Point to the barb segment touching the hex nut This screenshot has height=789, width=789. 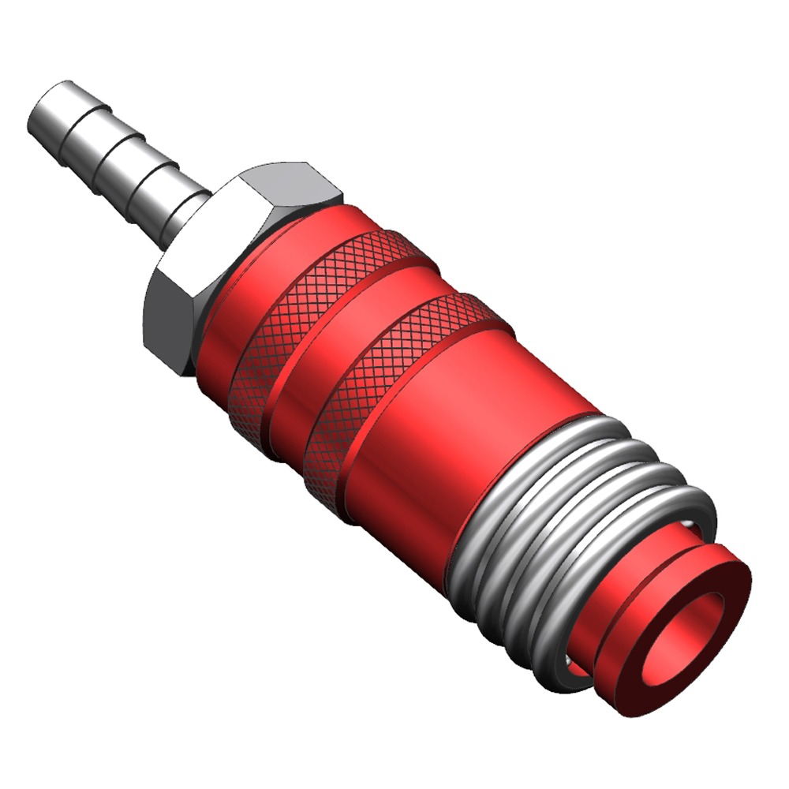(x=175, y=204)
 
